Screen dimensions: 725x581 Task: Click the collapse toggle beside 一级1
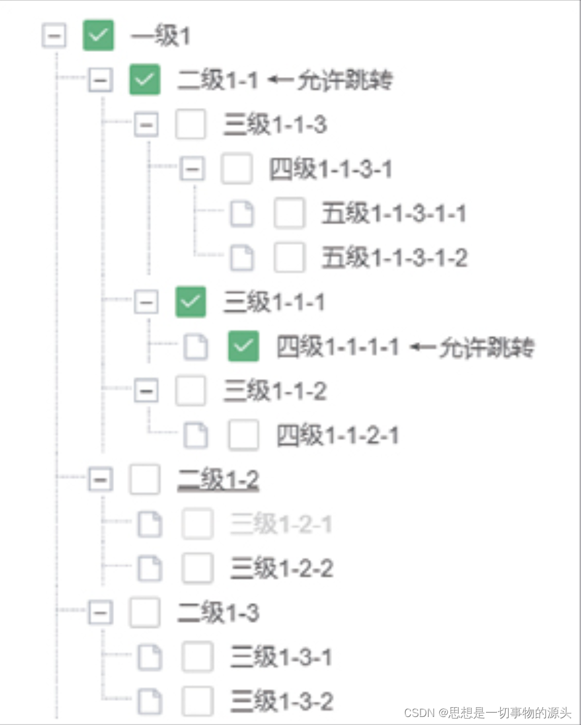(54, 36)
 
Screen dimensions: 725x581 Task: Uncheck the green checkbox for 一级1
(99, 36)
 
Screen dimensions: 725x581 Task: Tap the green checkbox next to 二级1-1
(144, 80)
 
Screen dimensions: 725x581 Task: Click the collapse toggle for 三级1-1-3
(146, 125)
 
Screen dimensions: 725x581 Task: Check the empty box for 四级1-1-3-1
(237, 169)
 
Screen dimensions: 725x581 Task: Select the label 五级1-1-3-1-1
(394, 214)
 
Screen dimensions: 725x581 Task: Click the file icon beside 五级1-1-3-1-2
(242, 258)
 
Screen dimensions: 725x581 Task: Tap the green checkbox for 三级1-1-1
(191, 302)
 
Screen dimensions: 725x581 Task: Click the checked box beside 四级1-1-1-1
(244, 347)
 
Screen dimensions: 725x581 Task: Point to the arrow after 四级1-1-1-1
(422, 348)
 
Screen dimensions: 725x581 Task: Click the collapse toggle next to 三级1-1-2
(146, 391)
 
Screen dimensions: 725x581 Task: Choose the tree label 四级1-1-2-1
(337, 436)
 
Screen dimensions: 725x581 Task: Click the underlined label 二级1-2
(218, 480)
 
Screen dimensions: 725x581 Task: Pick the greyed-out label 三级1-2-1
(281, 525)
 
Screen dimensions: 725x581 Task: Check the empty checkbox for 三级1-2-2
(198, 568)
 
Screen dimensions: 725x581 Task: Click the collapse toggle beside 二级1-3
(100, 613)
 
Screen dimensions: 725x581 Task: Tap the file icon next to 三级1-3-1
(150, 657)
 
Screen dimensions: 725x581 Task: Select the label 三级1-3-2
(282, 702)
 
